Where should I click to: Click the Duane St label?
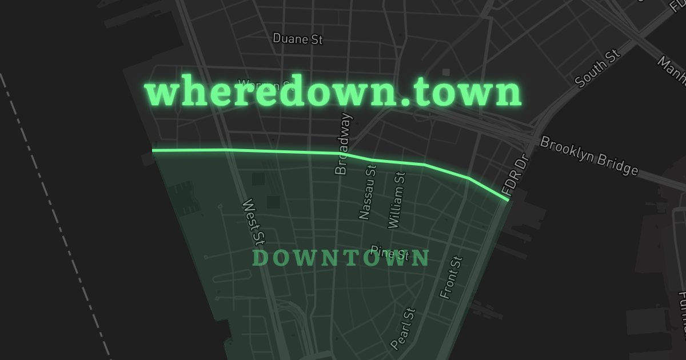point(298,39)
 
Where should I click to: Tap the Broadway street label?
point(344,144)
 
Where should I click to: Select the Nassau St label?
point(368,192)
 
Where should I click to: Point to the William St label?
point(396,201)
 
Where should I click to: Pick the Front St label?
point(450,277)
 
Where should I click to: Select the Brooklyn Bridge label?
point(589,155)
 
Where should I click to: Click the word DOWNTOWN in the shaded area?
point(341,259)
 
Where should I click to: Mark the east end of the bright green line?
point(508,199)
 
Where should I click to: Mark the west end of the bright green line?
point(153,151)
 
